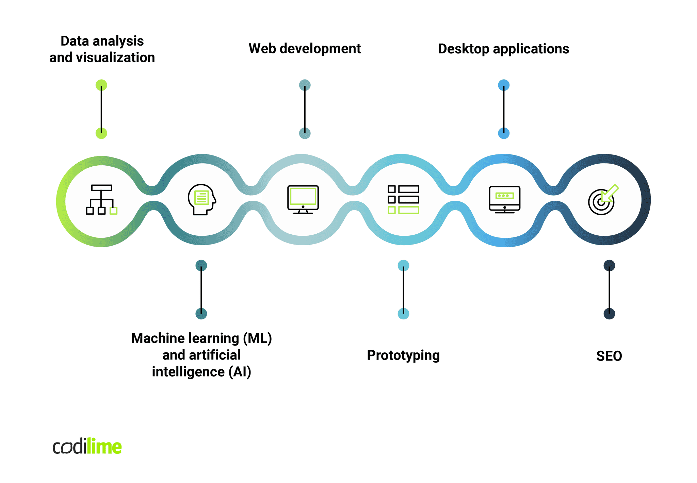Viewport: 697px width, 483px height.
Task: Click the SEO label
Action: pos(609,356)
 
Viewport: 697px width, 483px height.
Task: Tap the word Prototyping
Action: pos(403,355)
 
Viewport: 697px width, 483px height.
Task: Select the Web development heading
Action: pos(305,49)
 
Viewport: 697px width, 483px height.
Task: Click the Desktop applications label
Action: pos(503,49)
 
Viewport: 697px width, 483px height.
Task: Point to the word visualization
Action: pos(115,57)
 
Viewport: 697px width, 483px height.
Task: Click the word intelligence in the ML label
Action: pos(188,372)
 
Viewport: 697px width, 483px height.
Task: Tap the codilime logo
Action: pos(87,447)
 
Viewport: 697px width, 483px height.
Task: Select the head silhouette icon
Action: pos(202,200)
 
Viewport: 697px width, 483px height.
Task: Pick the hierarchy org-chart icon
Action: pos(101,200)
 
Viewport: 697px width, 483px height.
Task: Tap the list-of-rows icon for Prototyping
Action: pos(403,200)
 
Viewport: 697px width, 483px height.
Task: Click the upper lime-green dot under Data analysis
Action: pos(101,85)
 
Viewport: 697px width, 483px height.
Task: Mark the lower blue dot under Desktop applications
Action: pos(504,133)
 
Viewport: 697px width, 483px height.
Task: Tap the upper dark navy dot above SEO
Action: pos(609,266)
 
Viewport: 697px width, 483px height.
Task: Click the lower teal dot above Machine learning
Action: pos(201,314)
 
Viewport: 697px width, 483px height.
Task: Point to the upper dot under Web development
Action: pos(305,85)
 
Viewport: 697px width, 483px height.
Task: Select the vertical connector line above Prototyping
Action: pos(403,289)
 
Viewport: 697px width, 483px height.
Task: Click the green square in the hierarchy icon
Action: pos(114,211)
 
